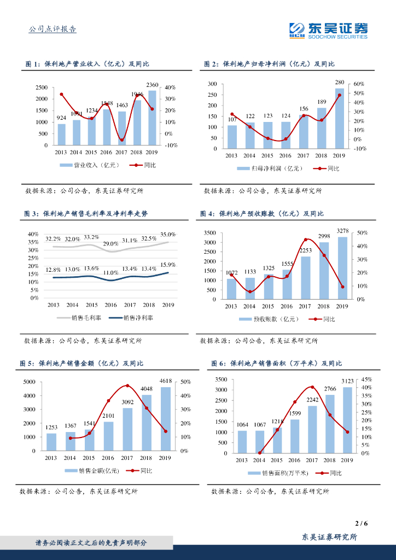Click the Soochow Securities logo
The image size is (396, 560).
point(328,30)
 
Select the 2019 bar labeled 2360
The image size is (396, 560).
point(152,118)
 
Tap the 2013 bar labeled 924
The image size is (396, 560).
point(62,135)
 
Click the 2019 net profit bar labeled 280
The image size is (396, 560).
point(340,118)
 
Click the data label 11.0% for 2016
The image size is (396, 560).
point(111,272)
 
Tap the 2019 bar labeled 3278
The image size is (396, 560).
point(342,268)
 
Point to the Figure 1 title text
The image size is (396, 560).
point(87,64)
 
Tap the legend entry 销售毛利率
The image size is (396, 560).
point(86,318)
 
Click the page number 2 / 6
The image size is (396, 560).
point(361,523)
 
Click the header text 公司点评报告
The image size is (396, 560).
point(53,29)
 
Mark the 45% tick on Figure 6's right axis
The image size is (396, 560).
point(366,379)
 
